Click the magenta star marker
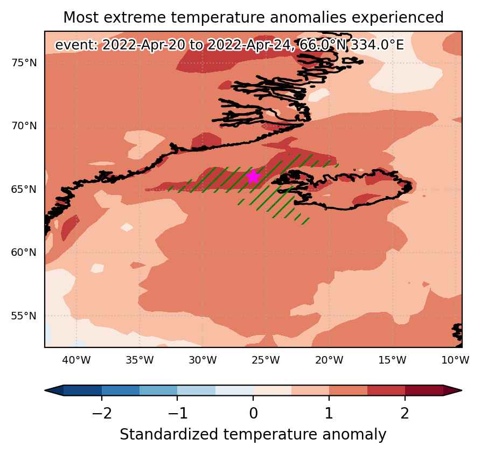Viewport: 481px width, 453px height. coord(253,177)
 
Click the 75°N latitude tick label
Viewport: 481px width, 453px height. coord(24,63)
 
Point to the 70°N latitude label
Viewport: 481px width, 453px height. coord(24,126)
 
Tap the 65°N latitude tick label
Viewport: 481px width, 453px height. coord(24,189)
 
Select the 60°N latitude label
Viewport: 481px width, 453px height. coord(24,253)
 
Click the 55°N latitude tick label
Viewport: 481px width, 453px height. coord(24,316)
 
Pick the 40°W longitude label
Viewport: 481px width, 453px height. coord(76,360)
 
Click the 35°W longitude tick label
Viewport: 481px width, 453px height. coord(140,360)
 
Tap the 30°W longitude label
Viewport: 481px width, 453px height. coord(203,360)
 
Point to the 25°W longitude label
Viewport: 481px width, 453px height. coord(266,360)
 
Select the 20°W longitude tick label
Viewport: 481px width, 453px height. coord(329,360)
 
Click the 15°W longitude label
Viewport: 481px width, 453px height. coord(392,360)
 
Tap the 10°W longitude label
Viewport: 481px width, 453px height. coord(456,360)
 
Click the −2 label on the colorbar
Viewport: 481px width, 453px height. coord(102,414)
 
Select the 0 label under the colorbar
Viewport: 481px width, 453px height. coord(253,414)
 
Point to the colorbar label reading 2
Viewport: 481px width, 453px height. coord(405,414)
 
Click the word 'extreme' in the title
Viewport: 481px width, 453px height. coord(135,17)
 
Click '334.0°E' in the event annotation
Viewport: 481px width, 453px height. coord(378,45)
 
